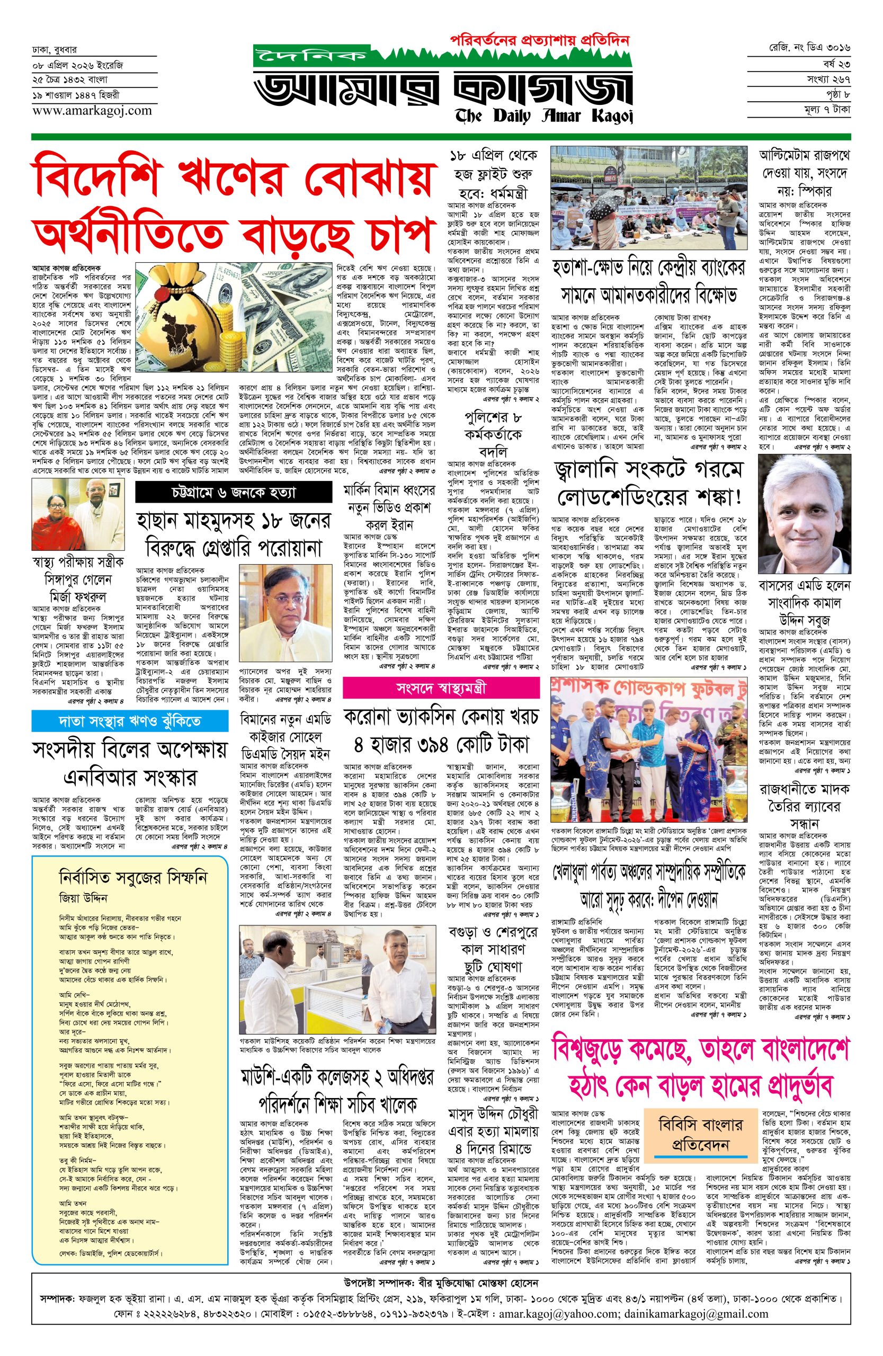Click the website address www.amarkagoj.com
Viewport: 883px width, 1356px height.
pos(92,111)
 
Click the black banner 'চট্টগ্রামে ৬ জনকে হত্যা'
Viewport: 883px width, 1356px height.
pos(233,492)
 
